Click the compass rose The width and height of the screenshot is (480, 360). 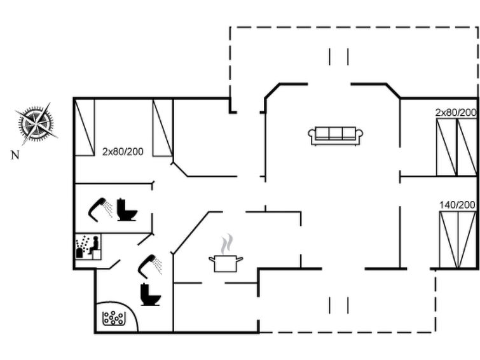coord(36,124)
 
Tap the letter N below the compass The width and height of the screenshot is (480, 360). coord(15,155)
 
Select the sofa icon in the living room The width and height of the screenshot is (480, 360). coord(335,135)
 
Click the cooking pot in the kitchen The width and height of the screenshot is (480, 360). coord(226,263)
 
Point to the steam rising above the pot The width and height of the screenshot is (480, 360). coord(227,244)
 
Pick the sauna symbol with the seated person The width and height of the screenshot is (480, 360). coord(88,247)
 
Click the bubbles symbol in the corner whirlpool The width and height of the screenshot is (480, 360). coord(114,318)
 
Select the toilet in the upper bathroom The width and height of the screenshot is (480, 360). coord(127,209)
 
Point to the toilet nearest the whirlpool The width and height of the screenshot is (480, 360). coord(150,294)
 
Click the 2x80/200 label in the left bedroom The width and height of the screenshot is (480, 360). coord(123,151)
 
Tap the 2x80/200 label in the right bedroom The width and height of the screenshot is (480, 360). coord(456,113)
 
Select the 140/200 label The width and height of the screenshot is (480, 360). coord(457,205)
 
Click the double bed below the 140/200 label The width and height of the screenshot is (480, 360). coord(458,240)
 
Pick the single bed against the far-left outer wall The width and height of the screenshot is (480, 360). coord(85,127)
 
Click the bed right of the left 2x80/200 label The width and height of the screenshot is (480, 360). coord(163,127)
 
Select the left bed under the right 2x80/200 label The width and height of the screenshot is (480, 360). coord(447,148)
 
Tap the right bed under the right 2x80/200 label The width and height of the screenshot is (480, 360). coord(467,148)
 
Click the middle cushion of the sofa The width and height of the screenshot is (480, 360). coord(336,134)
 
